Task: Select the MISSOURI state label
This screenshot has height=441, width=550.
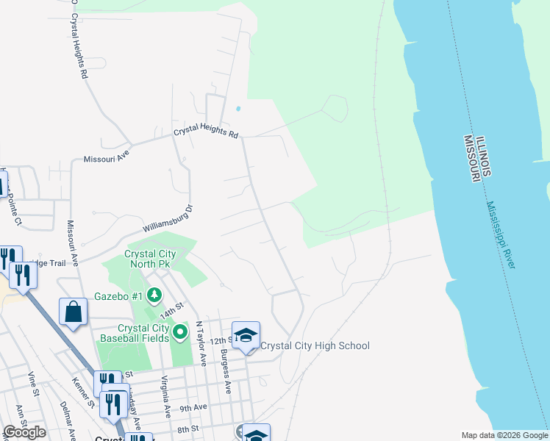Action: pos(471,159)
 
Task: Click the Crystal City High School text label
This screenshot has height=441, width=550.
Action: pos(315,345)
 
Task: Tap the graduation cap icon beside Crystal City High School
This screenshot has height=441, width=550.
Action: pos(246,335)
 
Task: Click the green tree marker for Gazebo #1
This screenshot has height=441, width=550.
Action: pos(154,296)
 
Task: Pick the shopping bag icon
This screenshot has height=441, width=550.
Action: pos(74,312)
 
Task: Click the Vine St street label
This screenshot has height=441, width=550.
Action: pos(32,385)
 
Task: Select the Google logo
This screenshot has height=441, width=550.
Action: pos(25,432)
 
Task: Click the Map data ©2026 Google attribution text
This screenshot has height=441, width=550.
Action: pos(505,434)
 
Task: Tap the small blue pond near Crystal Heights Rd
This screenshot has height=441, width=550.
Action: pos(238,110)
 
